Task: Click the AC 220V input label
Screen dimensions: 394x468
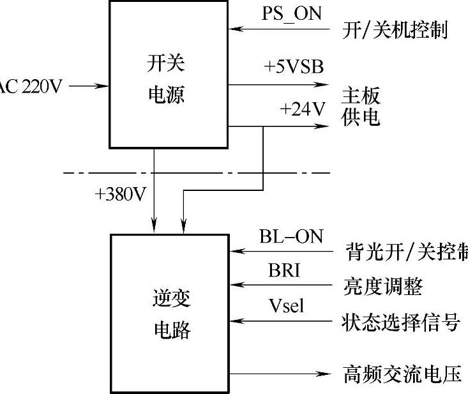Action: pos(31,86)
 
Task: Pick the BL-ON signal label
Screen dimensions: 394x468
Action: pos(291,236)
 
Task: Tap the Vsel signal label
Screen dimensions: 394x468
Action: pos(285,306)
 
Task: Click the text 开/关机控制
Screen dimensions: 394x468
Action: pos(393,30)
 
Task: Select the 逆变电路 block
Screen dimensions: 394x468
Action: pos(170,313)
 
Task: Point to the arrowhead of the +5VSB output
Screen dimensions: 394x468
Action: pos(326,85)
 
